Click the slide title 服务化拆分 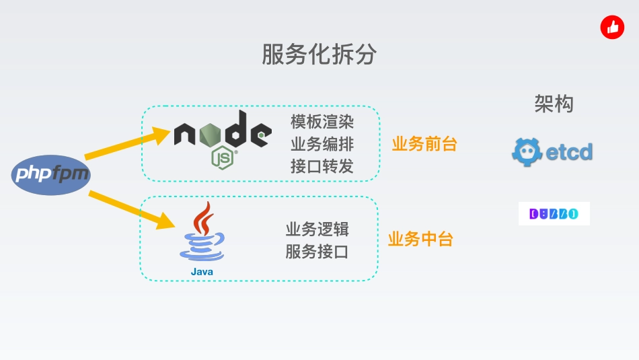coord(319,55)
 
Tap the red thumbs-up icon coord(612,28)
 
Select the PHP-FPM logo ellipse coord(51,175)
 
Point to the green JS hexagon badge coord(223,157)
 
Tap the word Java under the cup coord(202,271)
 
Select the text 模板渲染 coord(322,122)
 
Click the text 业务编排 coord(322,144)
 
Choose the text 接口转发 coord(322,166)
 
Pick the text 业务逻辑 coord(317,229)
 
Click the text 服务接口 coord(317,252)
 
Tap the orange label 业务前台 coord(424,144)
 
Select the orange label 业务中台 coord(420,239)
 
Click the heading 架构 coord(554,104)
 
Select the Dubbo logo coord(554,214)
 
